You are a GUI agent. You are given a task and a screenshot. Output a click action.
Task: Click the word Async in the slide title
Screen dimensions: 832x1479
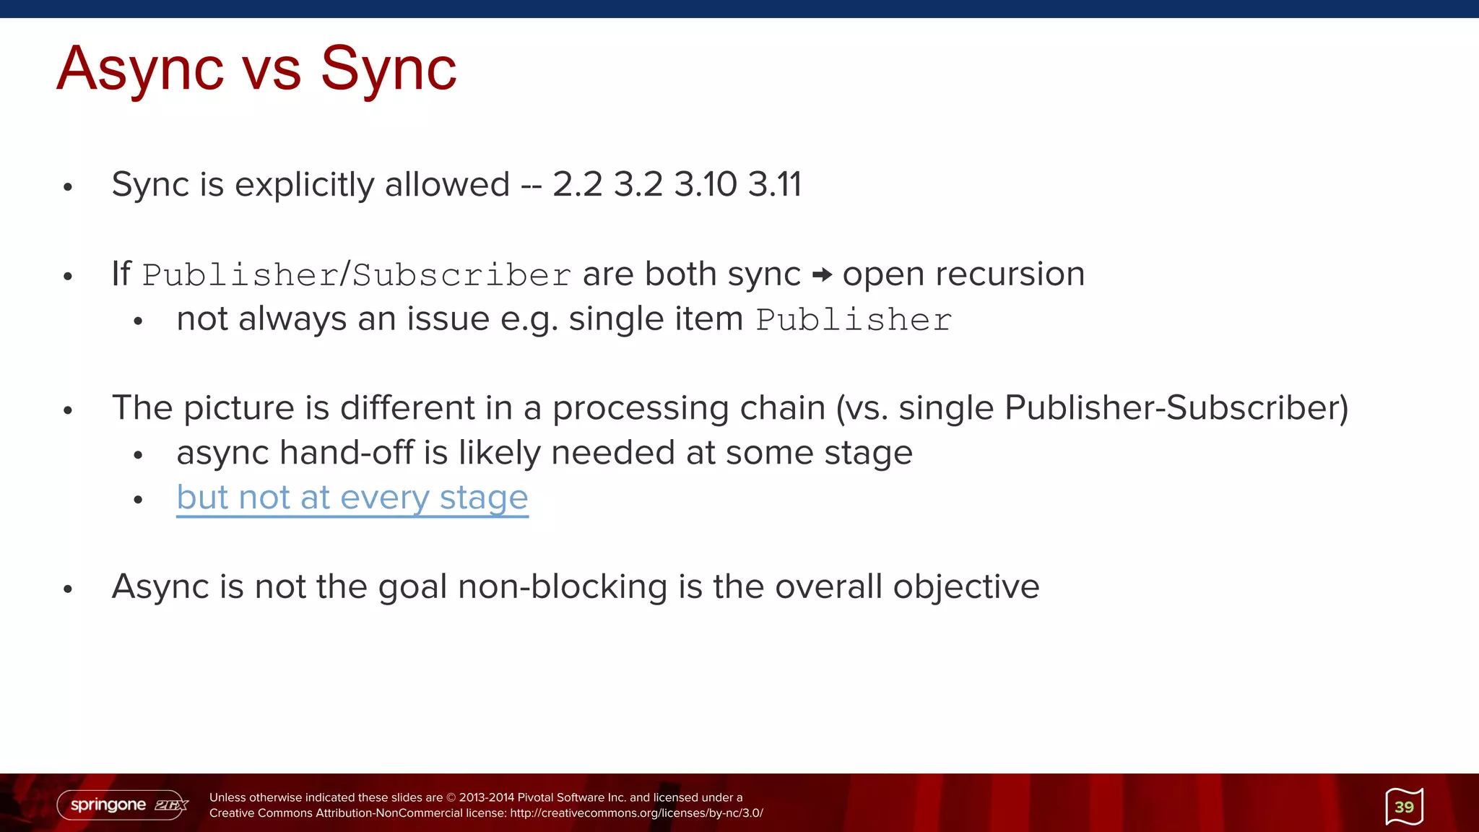[x=140, y=69]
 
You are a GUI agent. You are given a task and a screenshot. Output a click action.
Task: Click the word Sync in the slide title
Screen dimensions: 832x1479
[x=388, y=69]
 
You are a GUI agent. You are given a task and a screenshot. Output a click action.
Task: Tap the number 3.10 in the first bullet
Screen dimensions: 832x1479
[x=705, y=184]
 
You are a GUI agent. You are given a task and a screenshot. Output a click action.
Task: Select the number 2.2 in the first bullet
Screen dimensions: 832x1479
[x=577, y=184]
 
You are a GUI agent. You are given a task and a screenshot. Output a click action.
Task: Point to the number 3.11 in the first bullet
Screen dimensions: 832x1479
[x=774, y=184]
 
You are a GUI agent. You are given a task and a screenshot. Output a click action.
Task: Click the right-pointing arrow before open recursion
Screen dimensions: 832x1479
[x=822, y=274]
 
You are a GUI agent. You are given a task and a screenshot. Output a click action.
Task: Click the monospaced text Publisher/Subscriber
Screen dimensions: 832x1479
[x=357, y=275]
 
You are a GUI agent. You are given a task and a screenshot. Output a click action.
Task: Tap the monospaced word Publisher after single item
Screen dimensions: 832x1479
[x=854, y=320]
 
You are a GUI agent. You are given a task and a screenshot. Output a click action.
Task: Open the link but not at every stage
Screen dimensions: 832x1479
[x=352, y=498]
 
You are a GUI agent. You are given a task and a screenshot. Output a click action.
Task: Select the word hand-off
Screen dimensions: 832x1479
[x=347, y=453]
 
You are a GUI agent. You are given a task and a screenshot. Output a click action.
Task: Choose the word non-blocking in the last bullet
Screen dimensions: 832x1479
[x=563, y=586]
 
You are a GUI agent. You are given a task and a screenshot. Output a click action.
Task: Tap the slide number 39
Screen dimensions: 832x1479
[x=1404, y=807]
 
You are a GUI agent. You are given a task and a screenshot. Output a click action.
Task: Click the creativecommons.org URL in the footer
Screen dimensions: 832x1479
[x=636, y=813]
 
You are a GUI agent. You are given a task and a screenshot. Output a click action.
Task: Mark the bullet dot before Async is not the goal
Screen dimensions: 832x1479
[x=68, y=589]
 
